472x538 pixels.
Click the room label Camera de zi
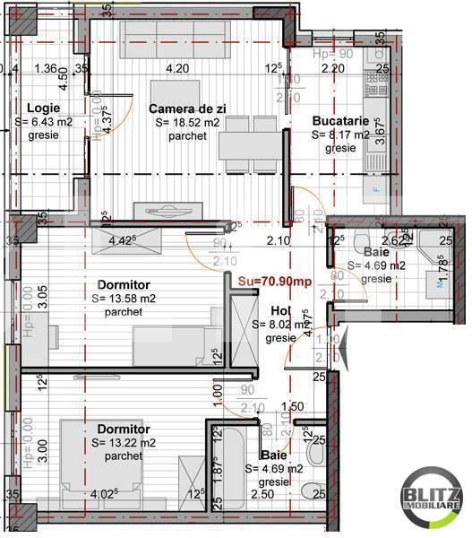click(x=185, y=108)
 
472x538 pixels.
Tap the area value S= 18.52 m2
click(x=186, y=123)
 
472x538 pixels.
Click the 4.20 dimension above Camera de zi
click(x=177, y=68)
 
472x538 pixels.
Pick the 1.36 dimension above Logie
click(x=45, y=68)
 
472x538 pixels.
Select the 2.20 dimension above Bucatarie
click(x=333, y=68)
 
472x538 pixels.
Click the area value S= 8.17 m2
click(x=340, y=134)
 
